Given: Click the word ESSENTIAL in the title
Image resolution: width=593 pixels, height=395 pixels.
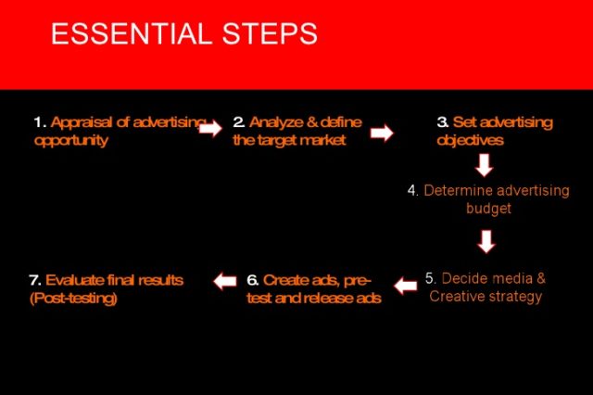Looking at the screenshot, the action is [132, 33].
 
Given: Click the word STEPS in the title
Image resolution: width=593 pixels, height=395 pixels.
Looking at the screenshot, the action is [270, 33].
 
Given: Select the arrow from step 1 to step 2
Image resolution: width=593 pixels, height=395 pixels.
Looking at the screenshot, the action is [210, 129].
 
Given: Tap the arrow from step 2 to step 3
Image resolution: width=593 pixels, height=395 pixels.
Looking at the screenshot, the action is [382, 133].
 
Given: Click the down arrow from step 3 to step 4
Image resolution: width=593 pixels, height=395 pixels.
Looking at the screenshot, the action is [484, 165].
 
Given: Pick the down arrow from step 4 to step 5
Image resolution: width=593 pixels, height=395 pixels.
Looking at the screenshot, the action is [486, 241].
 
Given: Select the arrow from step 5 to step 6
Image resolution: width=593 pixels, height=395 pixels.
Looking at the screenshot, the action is [406, 286].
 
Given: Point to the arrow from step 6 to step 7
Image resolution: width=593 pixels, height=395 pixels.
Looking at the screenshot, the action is [225, 282].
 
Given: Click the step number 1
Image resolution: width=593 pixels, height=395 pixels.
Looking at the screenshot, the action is [40, 122].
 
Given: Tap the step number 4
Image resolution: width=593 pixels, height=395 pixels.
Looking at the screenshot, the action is [412, 190].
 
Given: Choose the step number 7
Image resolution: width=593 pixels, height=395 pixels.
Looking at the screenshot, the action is [35, 280].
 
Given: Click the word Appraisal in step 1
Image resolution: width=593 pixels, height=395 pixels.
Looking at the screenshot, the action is [82, 123].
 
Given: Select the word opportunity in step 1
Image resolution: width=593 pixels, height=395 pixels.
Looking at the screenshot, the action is [71, 141].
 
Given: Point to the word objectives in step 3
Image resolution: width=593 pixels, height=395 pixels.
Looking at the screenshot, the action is [470, 141].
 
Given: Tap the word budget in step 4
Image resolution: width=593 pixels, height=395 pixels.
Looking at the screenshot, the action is [488, 209].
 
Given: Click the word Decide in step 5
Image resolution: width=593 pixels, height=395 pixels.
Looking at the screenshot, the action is [465, 278].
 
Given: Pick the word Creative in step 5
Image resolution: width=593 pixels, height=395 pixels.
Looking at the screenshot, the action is [455, 297].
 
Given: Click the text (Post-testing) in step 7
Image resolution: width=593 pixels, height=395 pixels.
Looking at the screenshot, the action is [73, 299].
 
